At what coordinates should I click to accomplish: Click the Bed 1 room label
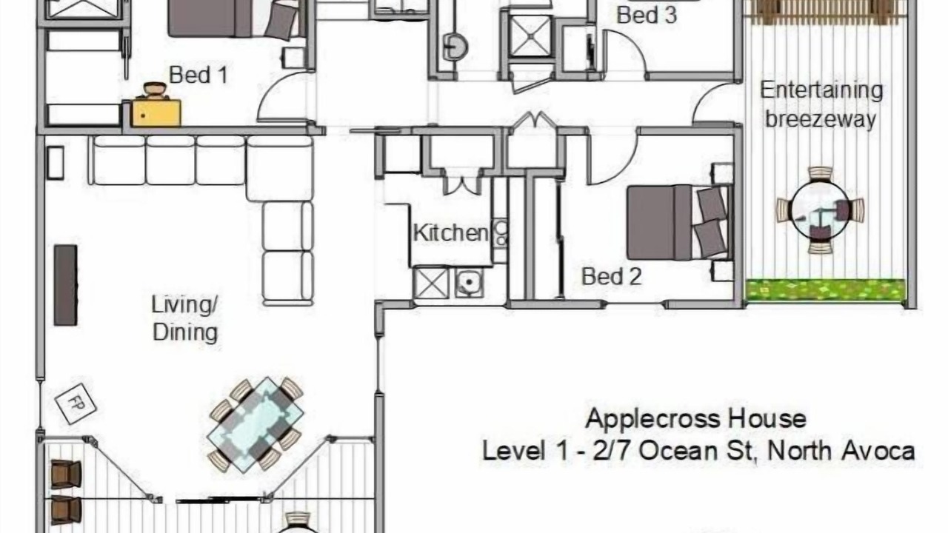pos(198,76)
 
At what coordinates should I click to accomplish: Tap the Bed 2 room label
pos(612,277)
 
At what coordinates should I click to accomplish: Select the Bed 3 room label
pos(647,16)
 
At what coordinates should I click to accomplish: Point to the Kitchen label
pos(450,233)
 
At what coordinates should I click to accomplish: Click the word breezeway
pos(821,119)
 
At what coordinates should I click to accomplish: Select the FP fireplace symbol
pos(76,403)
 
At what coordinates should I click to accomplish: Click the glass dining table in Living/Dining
pos(256,424)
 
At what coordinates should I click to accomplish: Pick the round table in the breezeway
pos(820,210)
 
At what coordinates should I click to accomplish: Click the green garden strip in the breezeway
pos(825,290)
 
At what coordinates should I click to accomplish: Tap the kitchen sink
pos(469,282)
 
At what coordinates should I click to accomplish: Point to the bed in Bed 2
pos(680,222)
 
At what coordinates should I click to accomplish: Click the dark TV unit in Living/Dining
pos(66,285)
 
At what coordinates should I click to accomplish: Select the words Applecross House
pos(695,419)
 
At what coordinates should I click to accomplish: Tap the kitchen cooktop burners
pos(501,233)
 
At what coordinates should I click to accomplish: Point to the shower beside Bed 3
pos(530,36)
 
